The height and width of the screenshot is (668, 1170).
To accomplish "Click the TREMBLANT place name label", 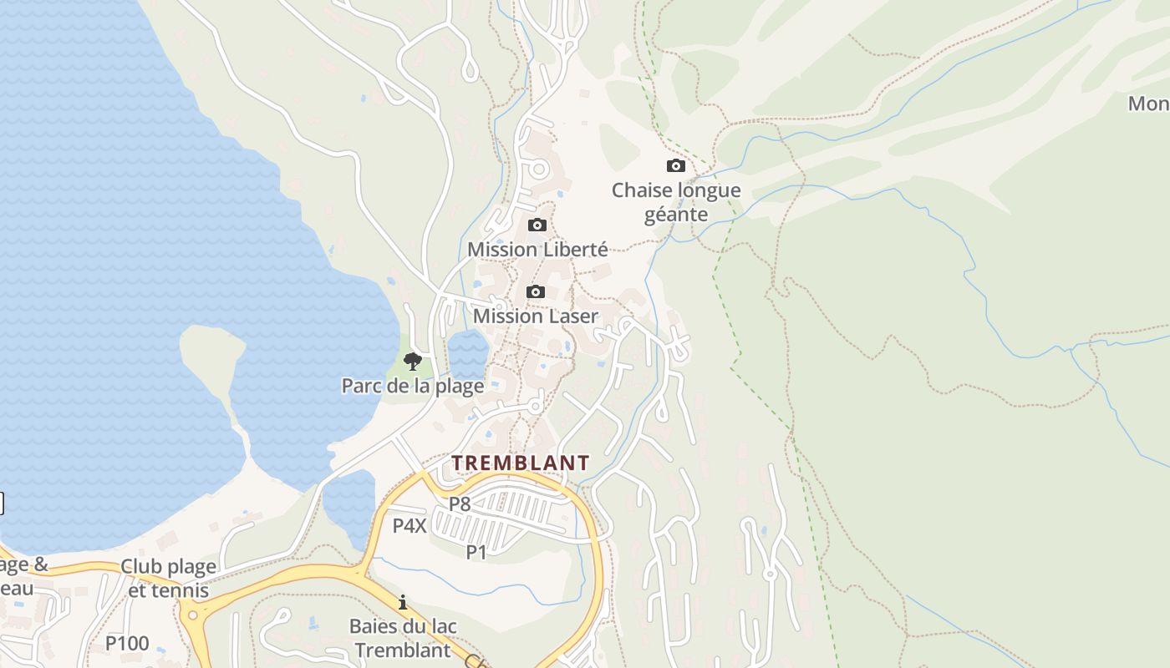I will coord(521,463).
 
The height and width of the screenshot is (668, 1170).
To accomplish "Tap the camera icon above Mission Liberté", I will coord(537,225).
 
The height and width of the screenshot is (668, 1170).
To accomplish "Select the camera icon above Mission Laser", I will coord(536,292).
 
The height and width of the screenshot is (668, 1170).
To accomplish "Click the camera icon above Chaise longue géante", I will coord(675,166).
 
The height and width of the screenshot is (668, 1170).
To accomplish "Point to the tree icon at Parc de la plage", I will coord(412,361).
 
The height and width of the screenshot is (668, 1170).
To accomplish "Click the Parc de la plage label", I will coord(413,386).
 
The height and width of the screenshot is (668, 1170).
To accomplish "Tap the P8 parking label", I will coord(460,504).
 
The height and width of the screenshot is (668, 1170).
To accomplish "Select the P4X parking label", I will coord(409,526).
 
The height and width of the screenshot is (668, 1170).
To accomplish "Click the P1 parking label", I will coord(476,551).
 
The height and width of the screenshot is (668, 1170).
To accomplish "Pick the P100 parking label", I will coord(127,643).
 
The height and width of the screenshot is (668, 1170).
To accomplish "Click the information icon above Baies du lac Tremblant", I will coord(403,602).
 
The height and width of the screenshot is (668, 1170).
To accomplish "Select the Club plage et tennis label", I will coord(168,578).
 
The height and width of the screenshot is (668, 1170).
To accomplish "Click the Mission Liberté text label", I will coord(537,249).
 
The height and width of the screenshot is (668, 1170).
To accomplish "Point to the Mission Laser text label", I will coord(536,316).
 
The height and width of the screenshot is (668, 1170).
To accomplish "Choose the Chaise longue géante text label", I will coord(676,202).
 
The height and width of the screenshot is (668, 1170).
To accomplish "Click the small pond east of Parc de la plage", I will coord(467,354).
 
